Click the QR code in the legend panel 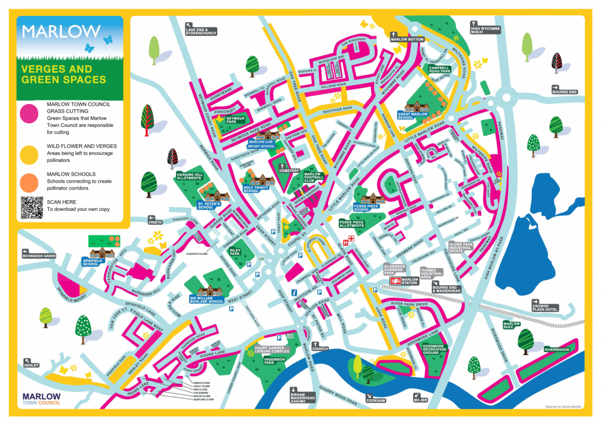[x=32, y=207]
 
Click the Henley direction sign [x=31, y=365]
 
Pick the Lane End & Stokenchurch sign [x=200, y=31]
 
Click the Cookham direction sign [x=376, y=400]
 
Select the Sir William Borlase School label [x=207, y=301]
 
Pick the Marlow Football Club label [x=313, y=176]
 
